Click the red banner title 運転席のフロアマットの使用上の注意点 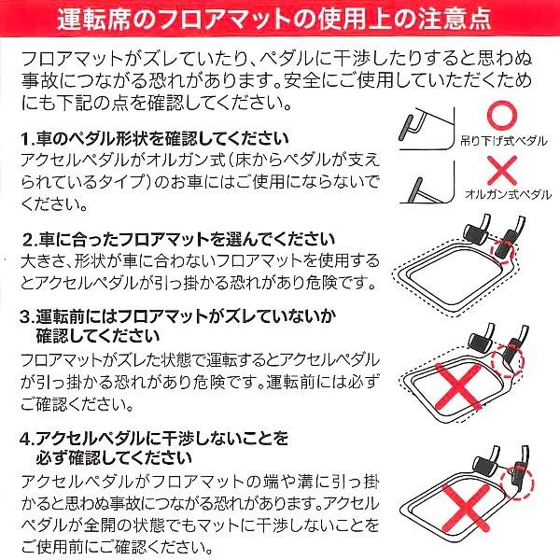click(274, 19)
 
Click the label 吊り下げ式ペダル click(504, 142)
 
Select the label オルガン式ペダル click(508, 195)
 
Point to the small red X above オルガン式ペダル click(502, 170)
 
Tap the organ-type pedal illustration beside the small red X click(427, 183)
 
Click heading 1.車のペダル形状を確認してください click(154, 139)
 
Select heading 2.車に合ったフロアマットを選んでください click(178, 240)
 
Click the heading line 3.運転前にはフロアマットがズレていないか click(177, 316)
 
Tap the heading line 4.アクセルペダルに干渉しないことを click(154, 439)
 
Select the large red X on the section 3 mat click(458, 386)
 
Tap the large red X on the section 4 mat click(466, 508)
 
